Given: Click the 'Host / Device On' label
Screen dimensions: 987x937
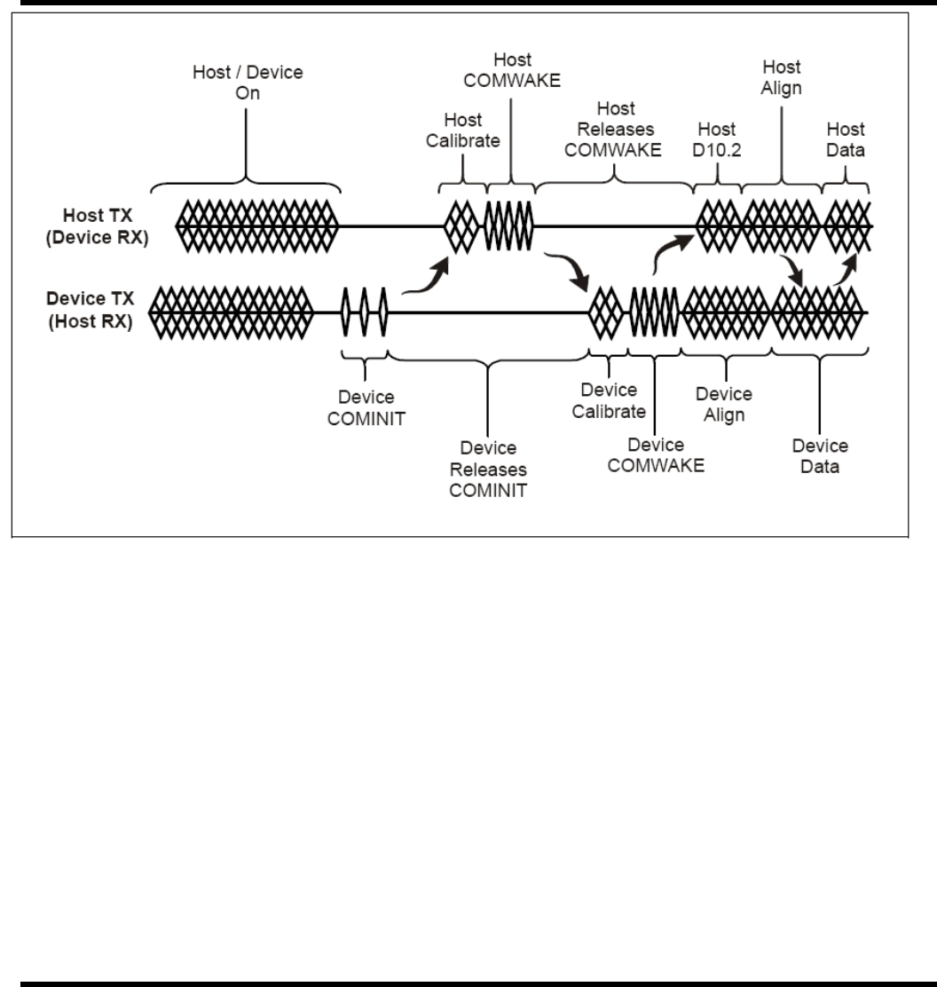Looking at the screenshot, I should click(248, 83).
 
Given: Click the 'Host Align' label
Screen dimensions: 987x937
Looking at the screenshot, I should click(781, 77).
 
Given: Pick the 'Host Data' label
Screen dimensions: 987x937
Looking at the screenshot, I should click(845, 138).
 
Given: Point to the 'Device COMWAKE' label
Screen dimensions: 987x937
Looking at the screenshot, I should click(655, 454).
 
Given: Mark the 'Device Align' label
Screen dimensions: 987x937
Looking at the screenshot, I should click(724, 404).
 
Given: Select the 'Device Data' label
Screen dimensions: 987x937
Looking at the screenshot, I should click(819, 455).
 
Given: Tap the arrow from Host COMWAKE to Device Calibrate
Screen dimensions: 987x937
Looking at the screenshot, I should click(569, 271).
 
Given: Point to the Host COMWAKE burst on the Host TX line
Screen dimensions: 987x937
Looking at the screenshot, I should click(508, 225).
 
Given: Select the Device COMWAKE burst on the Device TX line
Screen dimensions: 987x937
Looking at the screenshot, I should click(655, 312).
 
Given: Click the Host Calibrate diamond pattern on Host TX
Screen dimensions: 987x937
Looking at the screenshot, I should click(461, 225).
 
